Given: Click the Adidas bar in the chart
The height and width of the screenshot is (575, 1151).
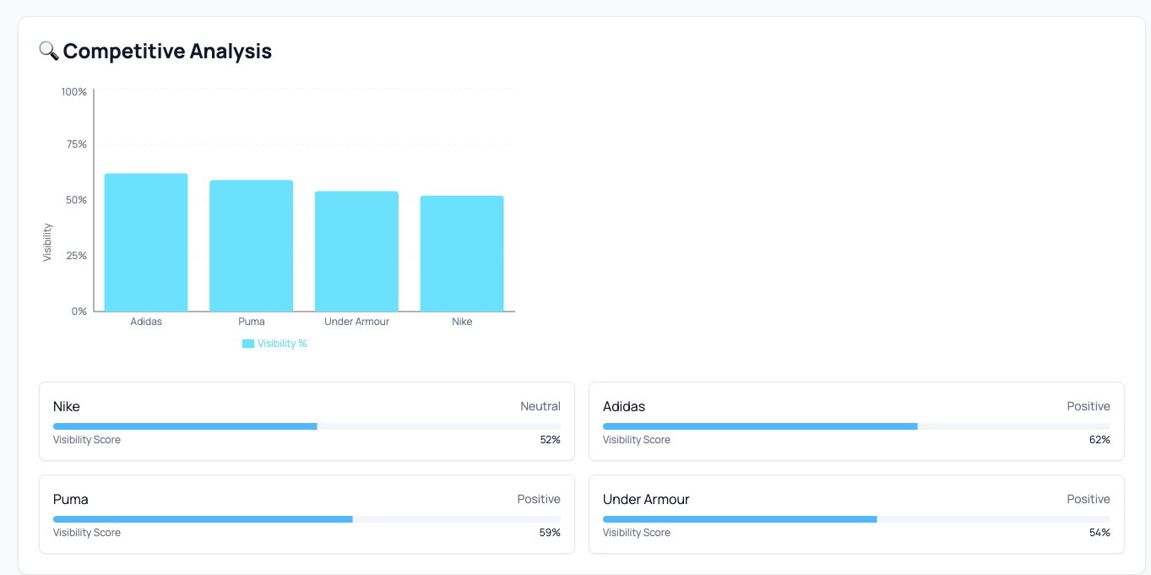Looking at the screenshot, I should click(146, 242).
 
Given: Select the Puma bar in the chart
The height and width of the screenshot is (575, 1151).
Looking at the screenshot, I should click(252, 246).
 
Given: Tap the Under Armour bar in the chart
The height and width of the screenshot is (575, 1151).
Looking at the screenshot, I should click(356, 251).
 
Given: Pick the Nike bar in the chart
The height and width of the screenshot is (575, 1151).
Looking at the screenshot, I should click(462, 253).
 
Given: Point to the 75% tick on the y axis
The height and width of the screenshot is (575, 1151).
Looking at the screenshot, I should click(77, 144).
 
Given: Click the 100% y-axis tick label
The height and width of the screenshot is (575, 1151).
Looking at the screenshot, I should click(74, 91).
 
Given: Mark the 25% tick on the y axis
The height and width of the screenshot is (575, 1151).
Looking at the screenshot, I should click(77, 256).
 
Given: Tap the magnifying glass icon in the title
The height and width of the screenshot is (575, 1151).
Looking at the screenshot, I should click(48, 51).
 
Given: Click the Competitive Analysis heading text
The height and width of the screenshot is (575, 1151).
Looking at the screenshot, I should click(167, 52).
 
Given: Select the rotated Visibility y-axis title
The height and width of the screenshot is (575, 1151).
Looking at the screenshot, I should click(47, 242).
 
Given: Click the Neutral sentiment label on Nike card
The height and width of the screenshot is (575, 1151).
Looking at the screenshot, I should click(540, 406).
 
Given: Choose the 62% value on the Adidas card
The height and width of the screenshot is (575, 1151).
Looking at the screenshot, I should click(1099, 440).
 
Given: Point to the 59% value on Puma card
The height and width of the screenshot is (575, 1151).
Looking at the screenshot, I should click(550, 533).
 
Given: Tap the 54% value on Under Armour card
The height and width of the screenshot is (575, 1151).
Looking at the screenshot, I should click(1099, 533).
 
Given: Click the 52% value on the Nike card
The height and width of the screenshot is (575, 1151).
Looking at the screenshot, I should click(550, 440).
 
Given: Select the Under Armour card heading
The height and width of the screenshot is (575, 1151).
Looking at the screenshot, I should click(646, 499).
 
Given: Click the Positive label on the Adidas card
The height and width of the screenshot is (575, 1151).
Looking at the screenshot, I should click(1088, 406).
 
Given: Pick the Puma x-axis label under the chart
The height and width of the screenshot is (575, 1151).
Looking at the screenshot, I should click(252, 322).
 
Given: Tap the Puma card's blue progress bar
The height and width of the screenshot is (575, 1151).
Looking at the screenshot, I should click(203, 518).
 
